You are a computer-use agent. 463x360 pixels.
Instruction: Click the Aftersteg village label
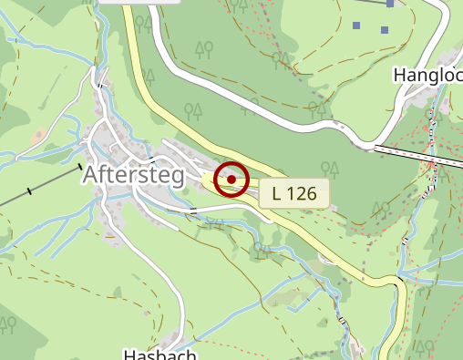[x=134, y=174]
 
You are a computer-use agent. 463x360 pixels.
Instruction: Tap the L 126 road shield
[x=293, y=193]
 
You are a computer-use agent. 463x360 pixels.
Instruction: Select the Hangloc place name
[x=428, y=75]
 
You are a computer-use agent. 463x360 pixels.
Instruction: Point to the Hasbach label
[x=159, y=354]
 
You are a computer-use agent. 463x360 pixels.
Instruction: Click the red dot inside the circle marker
[x=231, y=180]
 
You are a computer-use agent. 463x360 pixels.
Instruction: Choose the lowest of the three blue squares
[x=385, y=29]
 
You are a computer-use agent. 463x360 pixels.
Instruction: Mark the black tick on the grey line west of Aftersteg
[x=31, y=190]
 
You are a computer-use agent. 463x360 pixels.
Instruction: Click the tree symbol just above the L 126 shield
[x=332, y=168]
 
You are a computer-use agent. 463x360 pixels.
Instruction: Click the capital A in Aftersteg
[x=91, y=174]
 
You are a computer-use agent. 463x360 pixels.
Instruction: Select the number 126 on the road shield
[x=303, y=193]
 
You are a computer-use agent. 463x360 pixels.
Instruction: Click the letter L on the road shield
[x=276, y=193]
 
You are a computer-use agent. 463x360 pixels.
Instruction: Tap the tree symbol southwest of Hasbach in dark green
[x=8, y=323]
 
